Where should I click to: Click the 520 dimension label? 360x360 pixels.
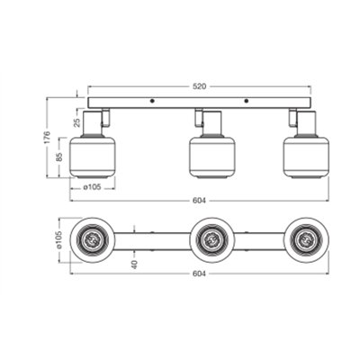click(199, 86)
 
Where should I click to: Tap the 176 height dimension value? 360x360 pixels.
click(48, 138)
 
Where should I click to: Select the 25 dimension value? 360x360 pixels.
click(76, 121)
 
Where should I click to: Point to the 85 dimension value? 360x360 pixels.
click(59, 157)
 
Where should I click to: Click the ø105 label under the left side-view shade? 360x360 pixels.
click(92, 188)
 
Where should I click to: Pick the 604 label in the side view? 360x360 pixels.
click(199, 201)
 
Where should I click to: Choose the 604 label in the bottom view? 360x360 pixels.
click(199, 274)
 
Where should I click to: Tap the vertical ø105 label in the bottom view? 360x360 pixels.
click(58, 240)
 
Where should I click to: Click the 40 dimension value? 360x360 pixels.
click(134, 265)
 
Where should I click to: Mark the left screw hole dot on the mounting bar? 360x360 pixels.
click(152, 101)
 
